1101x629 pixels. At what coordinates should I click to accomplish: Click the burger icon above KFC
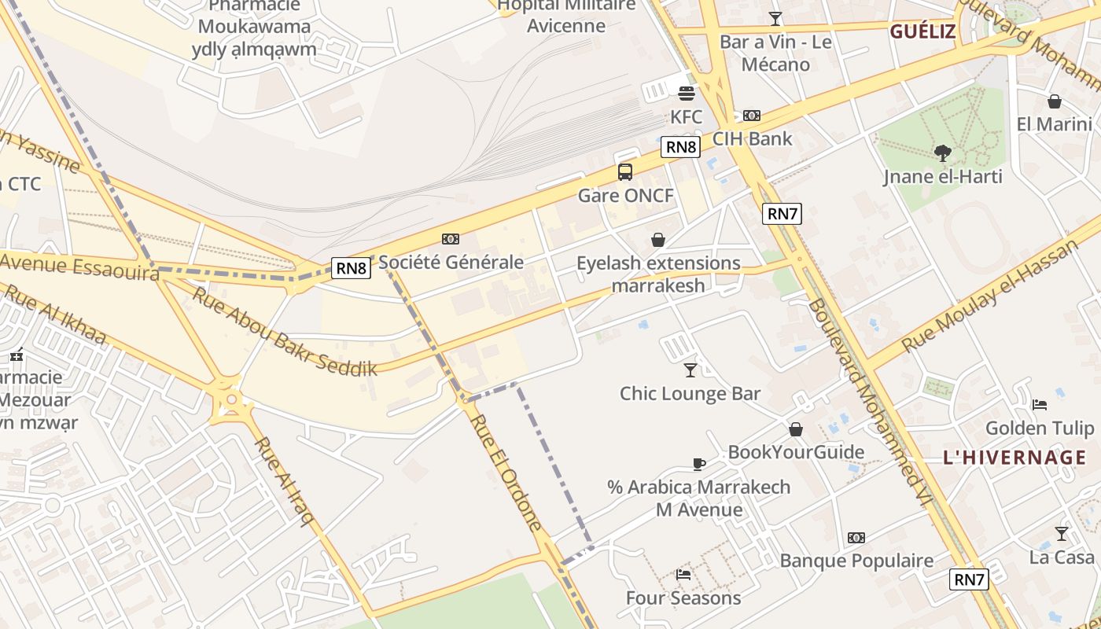point(686,94)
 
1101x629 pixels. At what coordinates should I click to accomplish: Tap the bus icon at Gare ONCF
point(625,171)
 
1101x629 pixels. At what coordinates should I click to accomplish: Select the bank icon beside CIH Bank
point(752,116)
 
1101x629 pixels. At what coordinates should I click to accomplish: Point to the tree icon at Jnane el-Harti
point(942,153)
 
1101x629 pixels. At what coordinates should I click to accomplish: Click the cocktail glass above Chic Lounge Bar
point(690,369)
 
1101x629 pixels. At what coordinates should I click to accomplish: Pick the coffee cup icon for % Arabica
point(698,464)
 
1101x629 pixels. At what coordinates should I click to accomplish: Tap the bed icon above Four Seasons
point(683,575)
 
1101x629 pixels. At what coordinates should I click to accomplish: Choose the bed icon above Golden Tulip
point(1039,405)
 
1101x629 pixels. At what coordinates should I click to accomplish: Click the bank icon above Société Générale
point(451,239)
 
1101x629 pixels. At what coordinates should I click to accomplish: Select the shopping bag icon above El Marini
point(1054,101)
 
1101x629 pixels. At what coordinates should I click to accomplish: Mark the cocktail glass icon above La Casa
point(1062,534)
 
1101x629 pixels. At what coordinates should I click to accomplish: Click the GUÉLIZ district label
point(922,32)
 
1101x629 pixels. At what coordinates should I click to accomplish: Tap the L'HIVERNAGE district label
point(1014,458)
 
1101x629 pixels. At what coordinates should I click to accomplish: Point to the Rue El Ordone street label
point(507,472)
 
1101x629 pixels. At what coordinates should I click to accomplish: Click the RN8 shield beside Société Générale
point(351,268)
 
